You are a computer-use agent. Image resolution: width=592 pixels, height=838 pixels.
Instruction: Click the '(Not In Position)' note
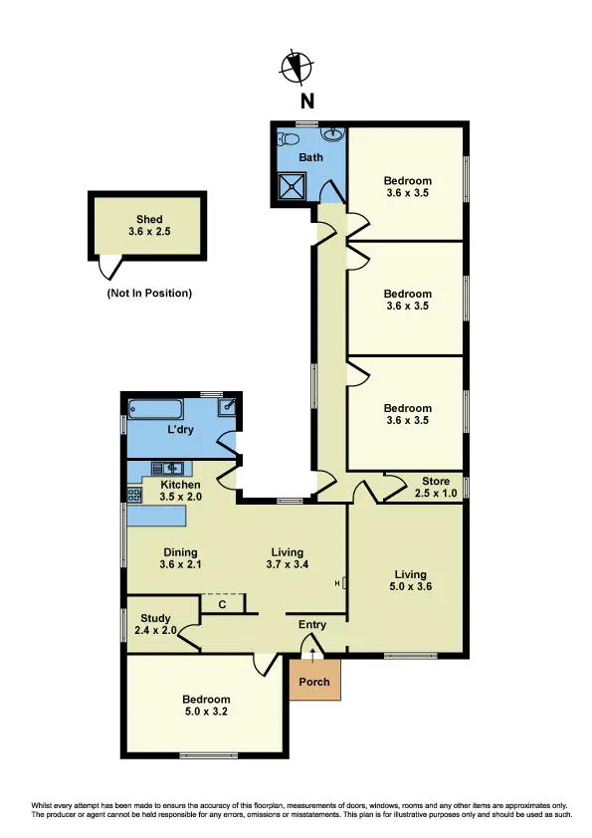[149, 294]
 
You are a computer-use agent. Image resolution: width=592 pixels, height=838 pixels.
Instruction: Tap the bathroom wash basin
[330, 135]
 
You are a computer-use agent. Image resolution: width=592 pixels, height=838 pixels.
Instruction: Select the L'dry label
[180, 429]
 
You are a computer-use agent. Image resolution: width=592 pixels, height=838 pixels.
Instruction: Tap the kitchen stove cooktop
[135, 492]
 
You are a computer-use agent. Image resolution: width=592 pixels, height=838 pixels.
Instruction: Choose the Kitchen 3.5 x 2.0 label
[181, 490]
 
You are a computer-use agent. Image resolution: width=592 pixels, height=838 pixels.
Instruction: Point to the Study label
[155, 624]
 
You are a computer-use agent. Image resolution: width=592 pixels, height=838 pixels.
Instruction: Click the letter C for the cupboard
[222, 603]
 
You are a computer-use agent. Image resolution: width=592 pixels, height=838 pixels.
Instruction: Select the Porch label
[314, 682]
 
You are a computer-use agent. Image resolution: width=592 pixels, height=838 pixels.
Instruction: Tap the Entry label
[312, 625]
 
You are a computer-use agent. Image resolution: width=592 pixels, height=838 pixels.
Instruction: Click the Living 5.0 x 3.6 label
[409, 580]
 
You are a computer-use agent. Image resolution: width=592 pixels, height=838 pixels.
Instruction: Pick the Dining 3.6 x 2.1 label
[180, 558]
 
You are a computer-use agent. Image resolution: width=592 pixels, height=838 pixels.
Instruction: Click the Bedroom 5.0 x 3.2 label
[207, 706]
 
